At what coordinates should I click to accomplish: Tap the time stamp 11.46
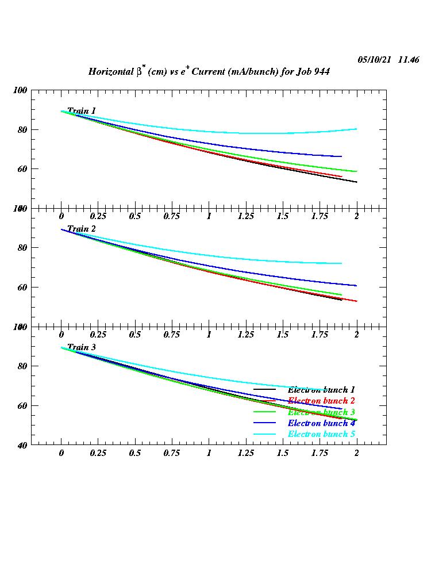408,60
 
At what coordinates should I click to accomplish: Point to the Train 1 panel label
82,110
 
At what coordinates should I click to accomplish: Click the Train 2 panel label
82,229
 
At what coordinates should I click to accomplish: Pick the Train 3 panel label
82,347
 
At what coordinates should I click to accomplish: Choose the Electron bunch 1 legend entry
321,390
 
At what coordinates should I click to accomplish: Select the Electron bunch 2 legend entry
321,401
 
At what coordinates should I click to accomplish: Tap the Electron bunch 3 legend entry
321,412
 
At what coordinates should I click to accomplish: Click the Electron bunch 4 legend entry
321,423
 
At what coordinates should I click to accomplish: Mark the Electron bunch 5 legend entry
321,434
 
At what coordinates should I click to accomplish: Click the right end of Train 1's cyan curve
356,129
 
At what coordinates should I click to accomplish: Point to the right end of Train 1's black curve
356,182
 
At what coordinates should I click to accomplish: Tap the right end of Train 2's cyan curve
341,263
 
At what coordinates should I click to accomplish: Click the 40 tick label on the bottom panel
21,444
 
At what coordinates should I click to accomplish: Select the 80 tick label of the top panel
21,129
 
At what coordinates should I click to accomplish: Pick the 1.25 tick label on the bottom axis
246,453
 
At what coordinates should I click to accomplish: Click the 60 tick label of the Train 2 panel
21,287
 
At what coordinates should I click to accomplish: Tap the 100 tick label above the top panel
20,90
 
